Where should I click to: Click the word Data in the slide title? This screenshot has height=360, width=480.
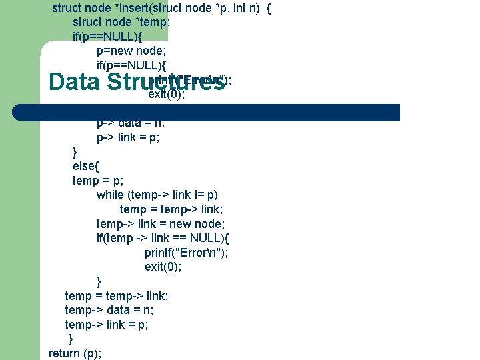(x=74, y=83)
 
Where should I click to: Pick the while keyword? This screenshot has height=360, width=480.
(x=110, y=195)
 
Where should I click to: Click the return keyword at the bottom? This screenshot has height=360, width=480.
(x=64, y=353)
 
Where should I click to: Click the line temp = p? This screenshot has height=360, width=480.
(x=98, y=180)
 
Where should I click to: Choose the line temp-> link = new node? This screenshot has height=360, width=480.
(x=161, y=224)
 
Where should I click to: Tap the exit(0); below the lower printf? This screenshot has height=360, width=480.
(x=163, y=267)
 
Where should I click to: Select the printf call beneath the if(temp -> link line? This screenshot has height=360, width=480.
(x=187, y=253)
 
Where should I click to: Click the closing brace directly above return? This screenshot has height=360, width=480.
(x=71, y=339)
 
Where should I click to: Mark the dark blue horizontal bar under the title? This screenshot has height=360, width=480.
(x=220, y=112)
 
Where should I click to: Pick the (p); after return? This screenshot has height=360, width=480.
(x=92, y=353)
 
